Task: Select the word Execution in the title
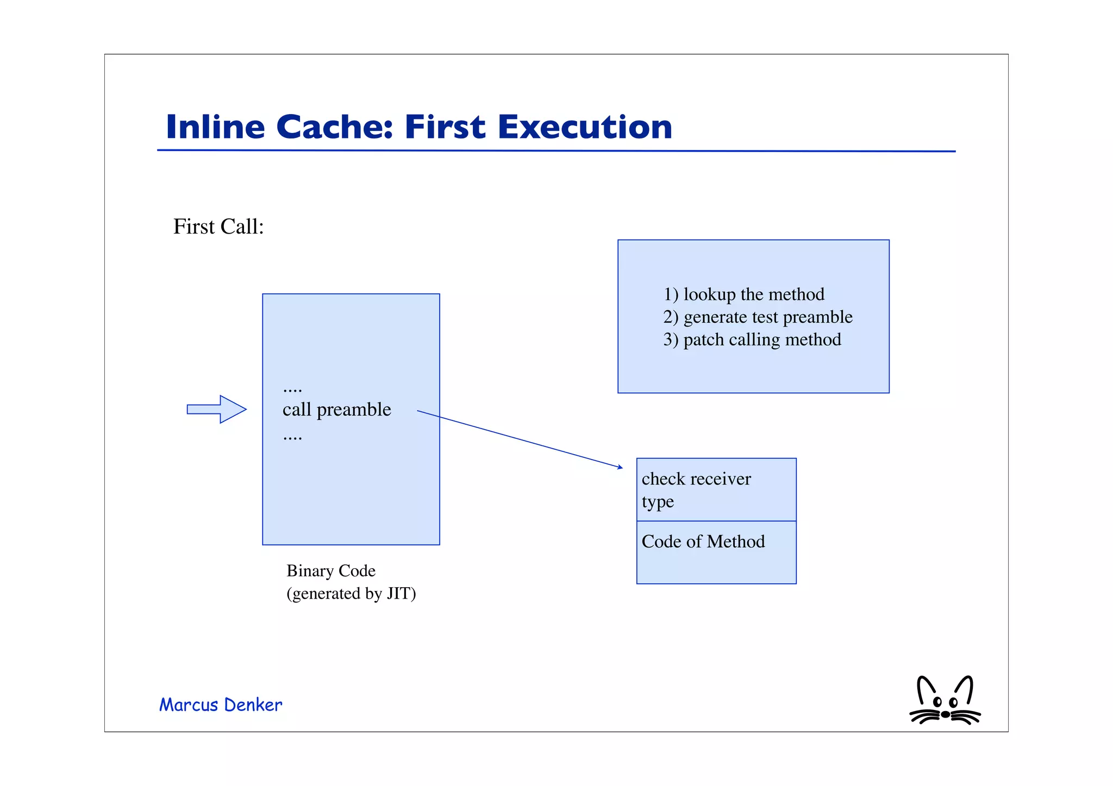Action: tap(585, 127)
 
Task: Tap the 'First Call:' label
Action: tap(218, 227)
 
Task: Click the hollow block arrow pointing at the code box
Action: tap(217, 409)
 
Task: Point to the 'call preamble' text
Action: tap(336, 410)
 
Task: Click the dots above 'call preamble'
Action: tap(292, 389)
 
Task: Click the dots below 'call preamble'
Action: tap(292, 437)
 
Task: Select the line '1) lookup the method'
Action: tap(743, 294)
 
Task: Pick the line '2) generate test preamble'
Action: tap(758, 317)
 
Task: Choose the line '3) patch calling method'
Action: tap(752, 340)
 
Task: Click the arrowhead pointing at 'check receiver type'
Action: tap(620, 467)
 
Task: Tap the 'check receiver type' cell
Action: tap(716, 489)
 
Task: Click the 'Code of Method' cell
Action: tap(716, 552)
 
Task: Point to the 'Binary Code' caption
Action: tap(331, 571)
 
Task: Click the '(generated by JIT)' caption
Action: tap(351, 594)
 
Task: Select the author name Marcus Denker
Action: tap(221, 705)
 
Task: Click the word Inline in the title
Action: tap(215, 127)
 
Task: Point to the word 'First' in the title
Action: tap(445, 127)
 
